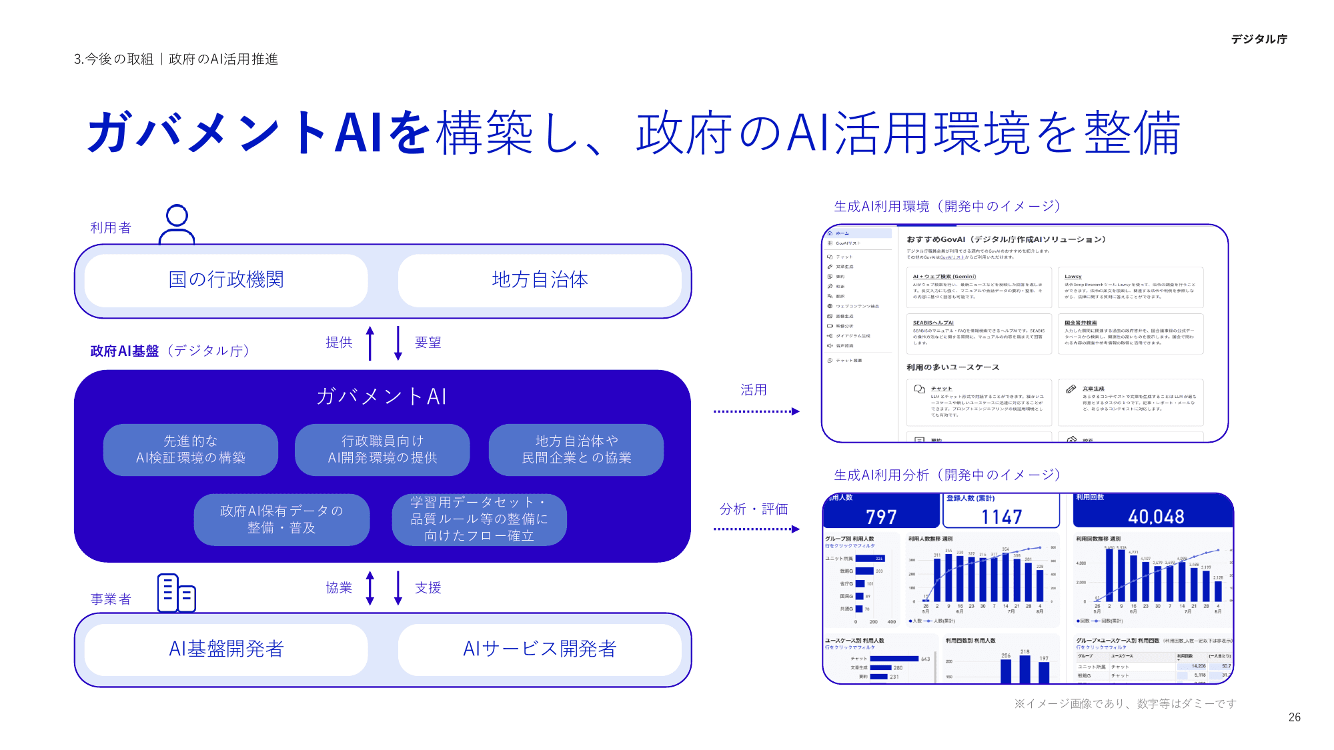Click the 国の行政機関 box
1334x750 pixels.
click(x=226, y=280)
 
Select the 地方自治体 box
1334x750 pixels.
click(x=540, y=280)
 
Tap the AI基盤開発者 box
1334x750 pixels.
click(x=226, y=649)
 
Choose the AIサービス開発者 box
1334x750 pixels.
click(x=540, y=649)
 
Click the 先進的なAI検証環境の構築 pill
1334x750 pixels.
click(x=191, y=450)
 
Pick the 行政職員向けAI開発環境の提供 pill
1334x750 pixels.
click(x=382, y=450)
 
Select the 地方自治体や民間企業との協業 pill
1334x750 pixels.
click(x=576, y=450)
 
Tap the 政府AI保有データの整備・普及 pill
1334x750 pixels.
click(x=281, y=519)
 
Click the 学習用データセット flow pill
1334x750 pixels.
click(x=479, y=519)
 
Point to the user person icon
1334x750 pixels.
click(x=177, y=225)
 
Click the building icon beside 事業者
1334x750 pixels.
click(x=176, y=593)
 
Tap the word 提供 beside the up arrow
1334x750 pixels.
click(x=339, y=343)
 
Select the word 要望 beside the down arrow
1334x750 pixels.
click(x=428, y=343)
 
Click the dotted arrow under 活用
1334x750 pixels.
click(x=756, y=411)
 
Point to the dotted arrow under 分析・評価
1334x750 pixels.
click(x=756, y=529)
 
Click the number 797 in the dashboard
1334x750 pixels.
click(x=881, y=517)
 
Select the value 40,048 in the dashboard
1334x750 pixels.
click(x=1156, y=517)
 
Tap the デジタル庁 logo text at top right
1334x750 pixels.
click(x=1259, y=39)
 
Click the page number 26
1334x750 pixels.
click(x=1294, y=717)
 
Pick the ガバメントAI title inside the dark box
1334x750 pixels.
click(x=382, y=397)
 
